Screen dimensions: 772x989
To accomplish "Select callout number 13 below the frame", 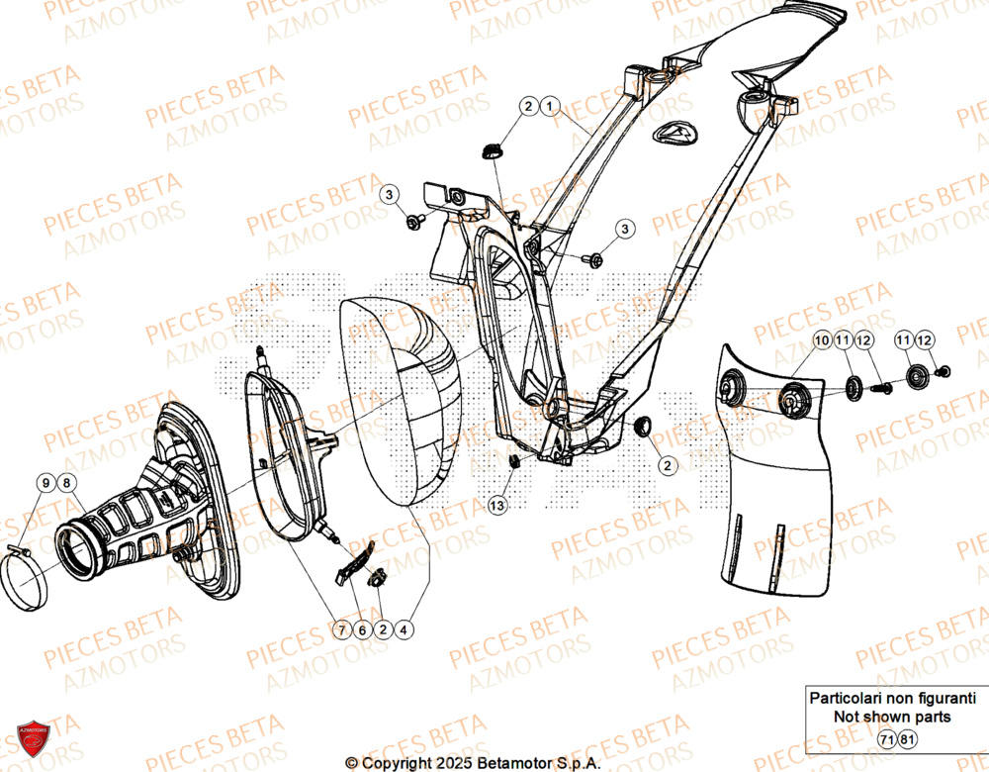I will (x=497, y=506).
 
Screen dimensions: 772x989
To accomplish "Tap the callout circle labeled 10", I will (x=823, y=340).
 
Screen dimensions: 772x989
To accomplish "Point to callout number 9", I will (x=45, y=483).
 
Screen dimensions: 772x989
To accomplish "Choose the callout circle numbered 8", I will (x=66, y=483).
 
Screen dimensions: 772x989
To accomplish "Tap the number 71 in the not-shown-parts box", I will (x=887, y=739).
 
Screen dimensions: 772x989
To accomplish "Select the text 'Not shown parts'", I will (x=893, y=716).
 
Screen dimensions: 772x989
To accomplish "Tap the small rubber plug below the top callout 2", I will (x=492, y=150).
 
